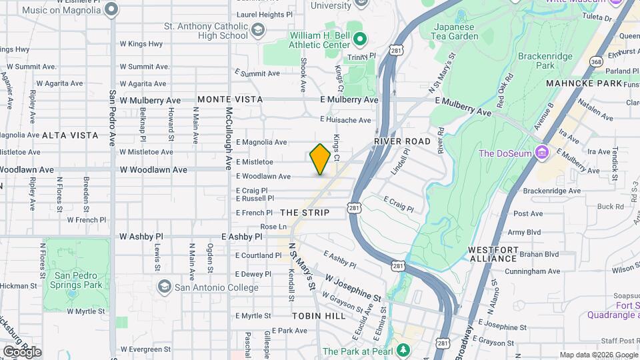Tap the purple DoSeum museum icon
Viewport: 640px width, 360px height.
pyautogui.click(x=541, y=153)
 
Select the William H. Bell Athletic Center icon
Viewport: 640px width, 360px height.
pyautogui.click(x=360, y=39)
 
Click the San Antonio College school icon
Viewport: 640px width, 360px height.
pyautogui.click(x=164, y=287)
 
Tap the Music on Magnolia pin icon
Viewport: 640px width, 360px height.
pyautogui.click(x=111, y=9)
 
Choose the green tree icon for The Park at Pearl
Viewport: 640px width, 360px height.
pyautogui.click(x=402, y=351)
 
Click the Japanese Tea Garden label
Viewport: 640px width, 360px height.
pyautogui.click(x=455, y=31)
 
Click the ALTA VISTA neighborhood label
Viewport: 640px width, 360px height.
pyautogui.click(x=70, y=135)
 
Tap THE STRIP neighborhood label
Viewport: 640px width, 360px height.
pyautogui.click(x=305, y=213)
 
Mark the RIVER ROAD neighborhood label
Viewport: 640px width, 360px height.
pyautogui.click(x=403, y=141)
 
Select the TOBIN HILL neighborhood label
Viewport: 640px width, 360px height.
pyautogui.click(x=319, y=315)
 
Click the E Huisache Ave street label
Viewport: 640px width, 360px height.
pyautogui.click(x=345, y=120)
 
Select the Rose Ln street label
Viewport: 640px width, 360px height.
pyautogui.click(x=273, y=227)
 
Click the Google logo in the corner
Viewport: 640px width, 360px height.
pyautogui.click(x=22, y=352)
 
